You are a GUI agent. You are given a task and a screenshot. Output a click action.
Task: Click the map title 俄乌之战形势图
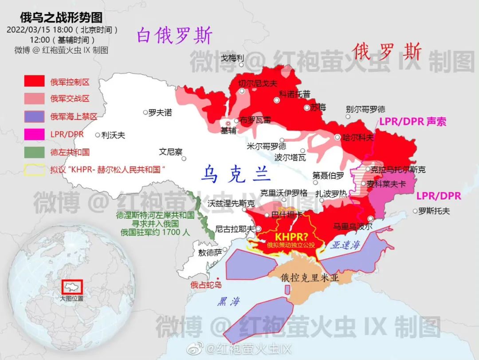(62, 17)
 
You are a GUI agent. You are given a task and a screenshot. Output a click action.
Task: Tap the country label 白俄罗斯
(174, 36)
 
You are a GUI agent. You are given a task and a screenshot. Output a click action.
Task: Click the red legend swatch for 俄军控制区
(35, 81)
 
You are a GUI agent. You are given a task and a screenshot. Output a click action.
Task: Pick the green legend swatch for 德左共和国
(35, 152)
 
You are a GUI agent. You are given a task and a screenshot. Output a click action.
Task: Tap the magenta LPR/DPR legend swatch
(35, 134)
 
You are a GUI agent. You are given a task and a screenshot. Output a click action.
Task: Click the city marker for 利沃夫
(98, 135)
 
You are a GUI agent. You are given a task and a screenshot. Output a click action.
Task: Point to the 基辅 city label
(228, 130)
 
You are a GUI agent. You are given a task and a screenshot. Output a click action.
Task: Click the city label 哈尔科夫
(358, 137)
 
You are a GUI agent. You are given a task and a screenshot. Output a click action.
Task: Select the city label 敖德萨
(210, 253)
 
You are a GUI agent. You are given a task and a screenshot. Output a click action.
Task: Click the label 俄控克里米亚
(310, 278)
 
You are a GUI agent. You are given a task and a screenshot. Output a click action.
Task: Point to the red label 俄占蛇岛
(206, 285)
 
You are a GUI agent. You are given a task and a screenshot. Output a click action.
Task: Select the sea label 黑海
(228, 301)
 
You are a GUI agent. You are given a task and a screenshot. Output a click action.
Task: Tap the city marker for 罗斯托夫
(415, 211)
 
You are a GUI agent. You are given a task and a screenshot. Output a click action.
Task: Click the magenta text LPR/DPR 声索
(412, 121)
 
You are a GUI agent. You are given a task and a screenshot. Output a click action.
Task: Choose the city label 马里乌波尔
(353, 226)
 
